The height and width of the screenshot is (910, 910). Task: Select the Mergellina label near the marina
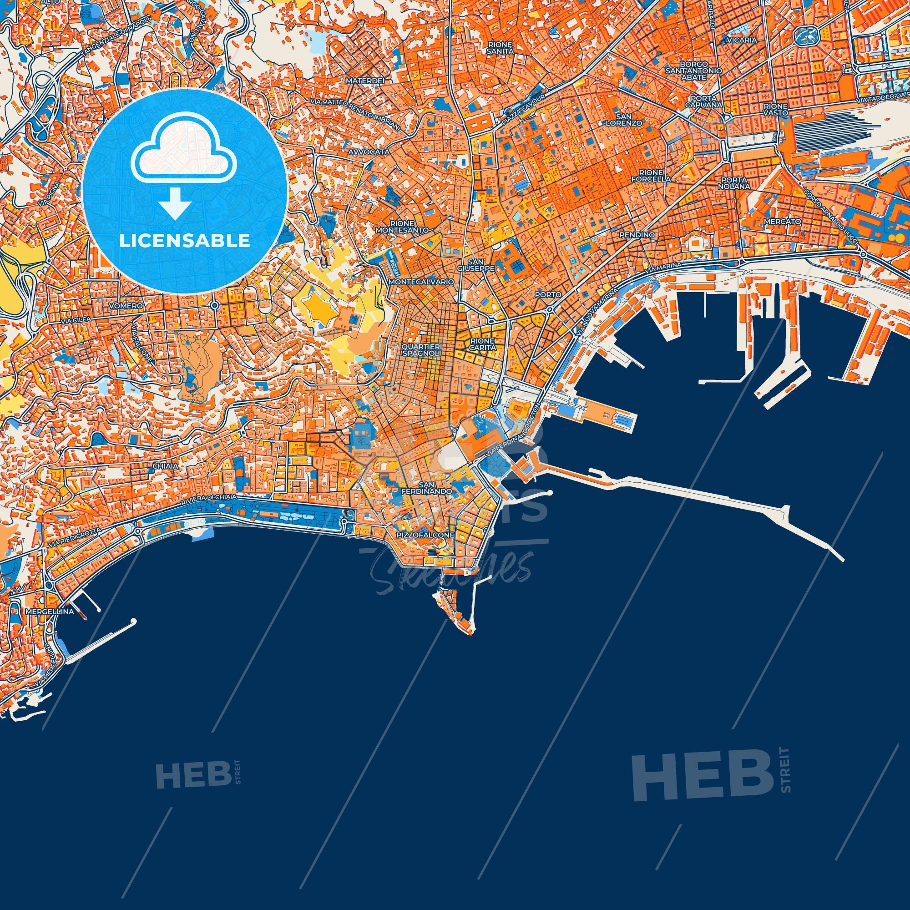[x=51, y=612]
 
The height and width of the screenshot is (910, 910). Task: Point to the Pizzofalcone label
[x=425, y=536]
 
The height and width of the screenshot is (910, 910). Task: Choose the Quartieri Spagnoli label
[x=422, y=349]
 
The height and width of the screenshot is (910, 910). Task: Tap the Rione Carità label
[x=483, y=344]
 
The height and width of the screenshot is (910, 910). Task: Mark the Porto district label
[x=548, y=295]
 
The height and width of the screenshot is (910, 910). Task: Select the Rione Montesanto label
[x=402, y=227]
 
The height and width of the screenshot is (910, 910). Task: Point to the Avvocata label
[x=369, y=152]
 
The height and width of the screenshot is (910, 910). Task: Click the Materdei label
[x=361, y=81]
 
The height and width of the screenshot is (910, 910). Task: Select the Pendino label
[x=637, y=234]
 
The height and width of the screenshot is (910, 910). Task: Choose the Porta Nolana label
[x=734, y=183]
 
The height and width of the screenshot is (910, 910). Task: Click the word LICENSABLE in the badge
[x=184, y=241]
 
